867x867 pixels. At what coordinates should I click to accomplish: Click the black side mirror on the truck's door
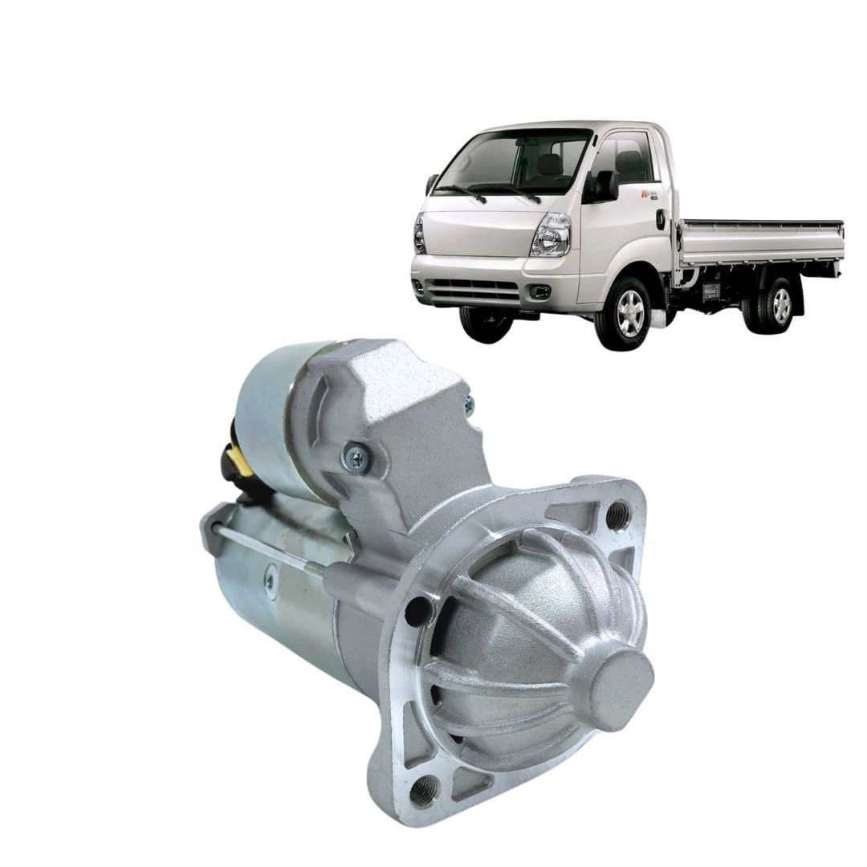point(604,186)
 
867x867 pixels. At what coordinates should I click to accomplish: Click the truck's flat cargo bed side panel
point(759,242)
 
